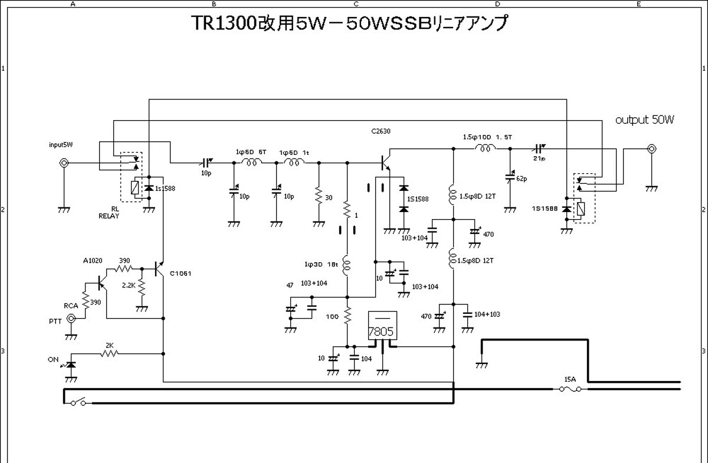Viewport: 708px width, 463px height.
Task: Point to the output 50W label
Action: (x=644, y=120)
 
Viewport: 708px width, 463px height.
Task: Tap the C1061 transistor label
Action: (x=180, y=273)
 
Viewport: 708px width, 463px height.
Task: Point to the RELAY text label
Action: (x=109, y=216)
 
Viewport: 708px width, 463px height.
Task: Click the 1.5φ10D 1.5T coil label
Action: (x=487, y=137)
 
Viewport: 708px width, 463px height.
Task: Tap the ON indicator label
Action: (x=53, y=359)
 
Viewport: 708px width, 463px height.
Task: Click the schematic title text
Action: (x=349, y=24)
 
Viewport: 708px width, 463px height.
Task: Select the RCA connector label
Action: (x=71, y=306)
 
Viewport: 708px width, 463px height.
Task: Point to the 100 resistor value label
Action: (x=333, y=316)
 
